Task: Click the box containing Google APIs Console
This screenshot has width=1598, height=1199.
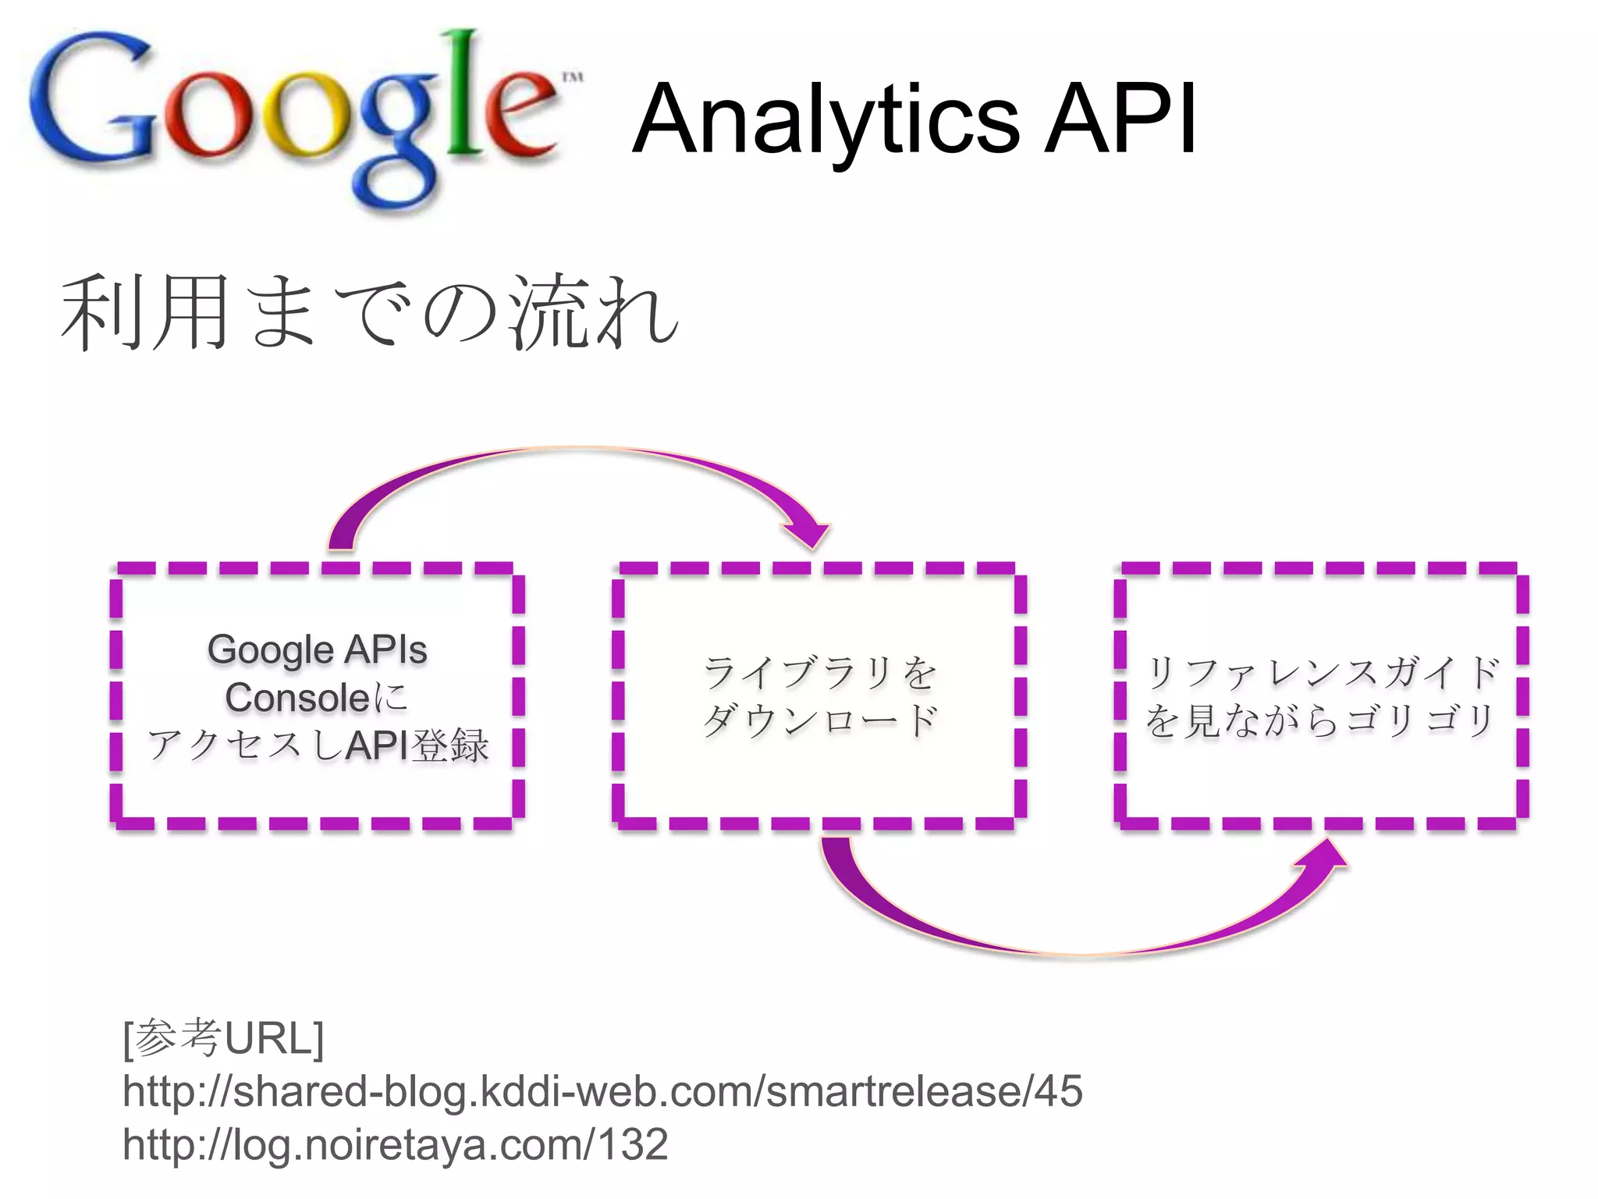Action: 317,695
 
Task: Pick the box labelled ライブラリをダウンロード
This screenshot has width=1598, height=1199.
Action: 819,695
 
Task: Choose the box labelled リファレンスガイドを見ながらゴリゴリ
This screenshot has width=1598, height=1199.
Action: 1320,695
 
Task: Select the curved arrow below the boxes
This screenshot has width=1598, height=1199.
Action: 1077,945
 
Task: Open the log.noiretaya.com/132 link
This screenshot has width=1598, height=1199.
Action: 395,1144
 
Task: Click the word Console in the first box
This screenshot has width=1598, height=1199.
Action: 297,698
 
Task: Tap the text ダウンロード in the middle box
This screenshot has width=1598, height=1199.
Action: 819,720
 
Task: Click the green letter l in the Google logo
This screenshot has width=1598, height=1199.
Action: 466,94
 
